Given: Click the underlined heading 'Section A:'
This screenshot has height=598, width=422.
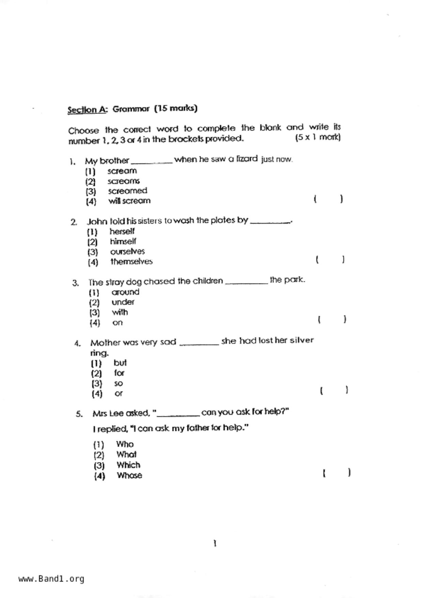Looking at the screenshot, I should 87,110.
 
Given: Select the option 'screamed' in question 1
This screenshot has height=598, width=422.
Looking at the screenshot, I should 127,191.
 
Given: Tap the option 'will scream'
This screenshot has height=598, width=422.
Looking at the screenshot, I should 129,201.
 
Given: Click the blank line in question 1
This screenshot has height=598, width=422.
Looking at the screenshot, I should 152,162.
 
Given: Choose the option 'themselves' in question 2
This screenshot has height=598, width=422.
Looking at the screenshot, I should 131,261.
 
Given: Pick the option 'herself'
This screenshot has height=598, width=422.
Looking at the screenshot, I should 122,231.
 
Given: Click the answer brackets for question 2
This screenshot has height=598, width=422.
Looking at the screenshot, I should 330,260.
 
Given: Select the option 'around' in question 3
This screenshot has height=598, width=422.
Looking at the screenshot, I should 125,292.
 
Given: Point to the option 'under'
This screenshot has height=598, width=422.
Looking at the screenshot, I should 123,302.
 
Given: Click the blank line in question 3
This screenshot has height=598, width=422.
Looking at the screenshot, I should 247,283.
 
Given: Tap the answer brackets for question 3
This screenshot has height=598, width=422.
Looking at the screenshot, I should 332,319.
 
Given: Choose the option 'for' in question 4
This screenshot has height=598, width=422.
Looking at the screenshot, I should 119,373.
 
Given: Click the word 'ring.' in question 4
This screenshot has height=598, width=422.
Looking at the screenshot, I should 99,353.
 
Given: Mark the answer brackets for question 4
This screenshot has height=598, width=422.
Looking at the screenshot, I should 334,390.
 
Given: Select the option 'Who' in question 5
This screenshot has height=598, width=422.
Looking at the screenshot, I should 125,444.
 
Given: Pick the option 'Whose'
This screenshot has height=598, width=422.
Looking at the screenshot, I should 129,476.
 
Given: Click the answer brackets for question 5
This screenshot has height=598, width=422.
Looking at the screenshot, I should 337,473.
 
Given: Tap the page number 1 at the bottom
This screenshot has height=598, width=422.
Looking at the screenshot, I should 215,543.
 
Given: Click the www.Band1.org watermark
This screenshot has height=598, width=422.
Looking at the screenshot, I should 51,579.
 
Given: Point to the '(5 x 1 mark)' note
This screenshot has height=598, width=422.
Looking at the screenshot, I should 318,137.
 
